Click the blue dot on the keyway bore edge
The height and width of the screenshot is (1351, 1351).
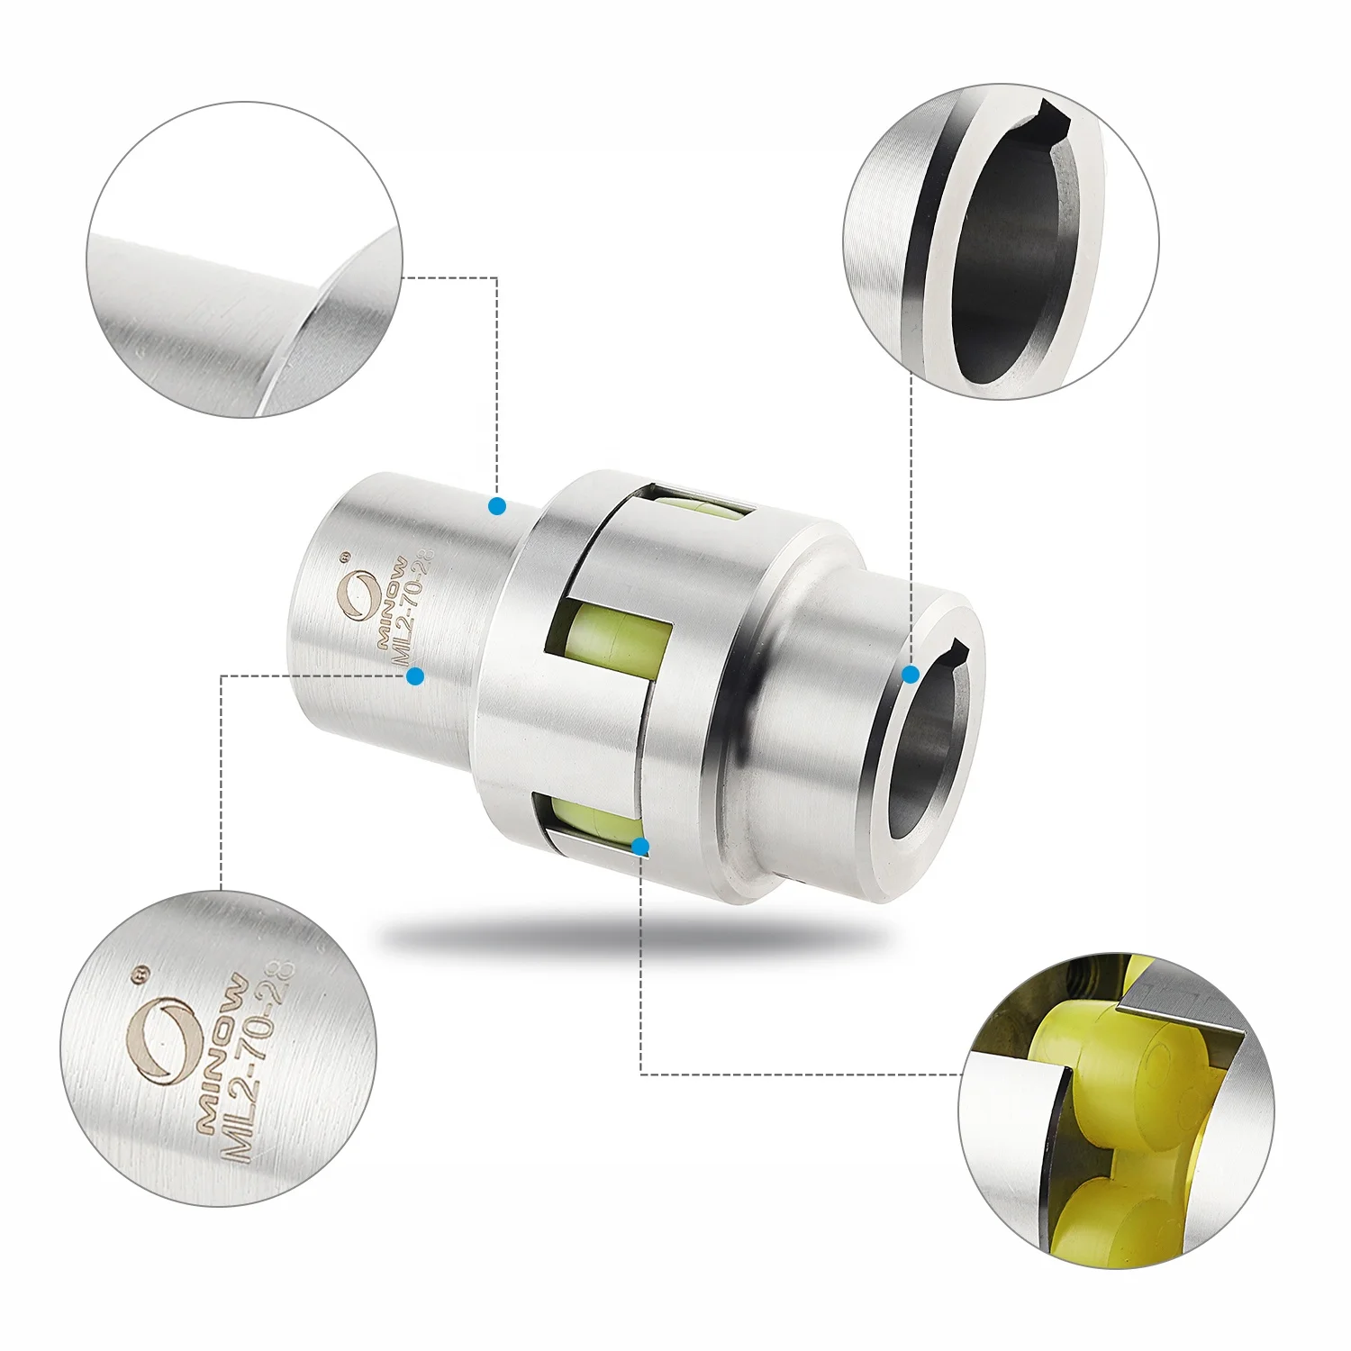click(911, 674)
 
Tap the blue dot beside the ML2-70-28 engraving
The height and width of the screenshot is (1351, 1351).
click(415, 675)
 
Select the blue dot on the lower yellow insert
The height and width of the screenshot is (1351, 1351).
click(640, 847)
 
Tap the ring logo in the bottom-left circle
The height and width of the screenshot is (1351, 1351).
click(163, 1040)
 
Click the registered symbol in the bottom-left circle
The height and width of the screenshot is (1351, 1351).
click(140, 975)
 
